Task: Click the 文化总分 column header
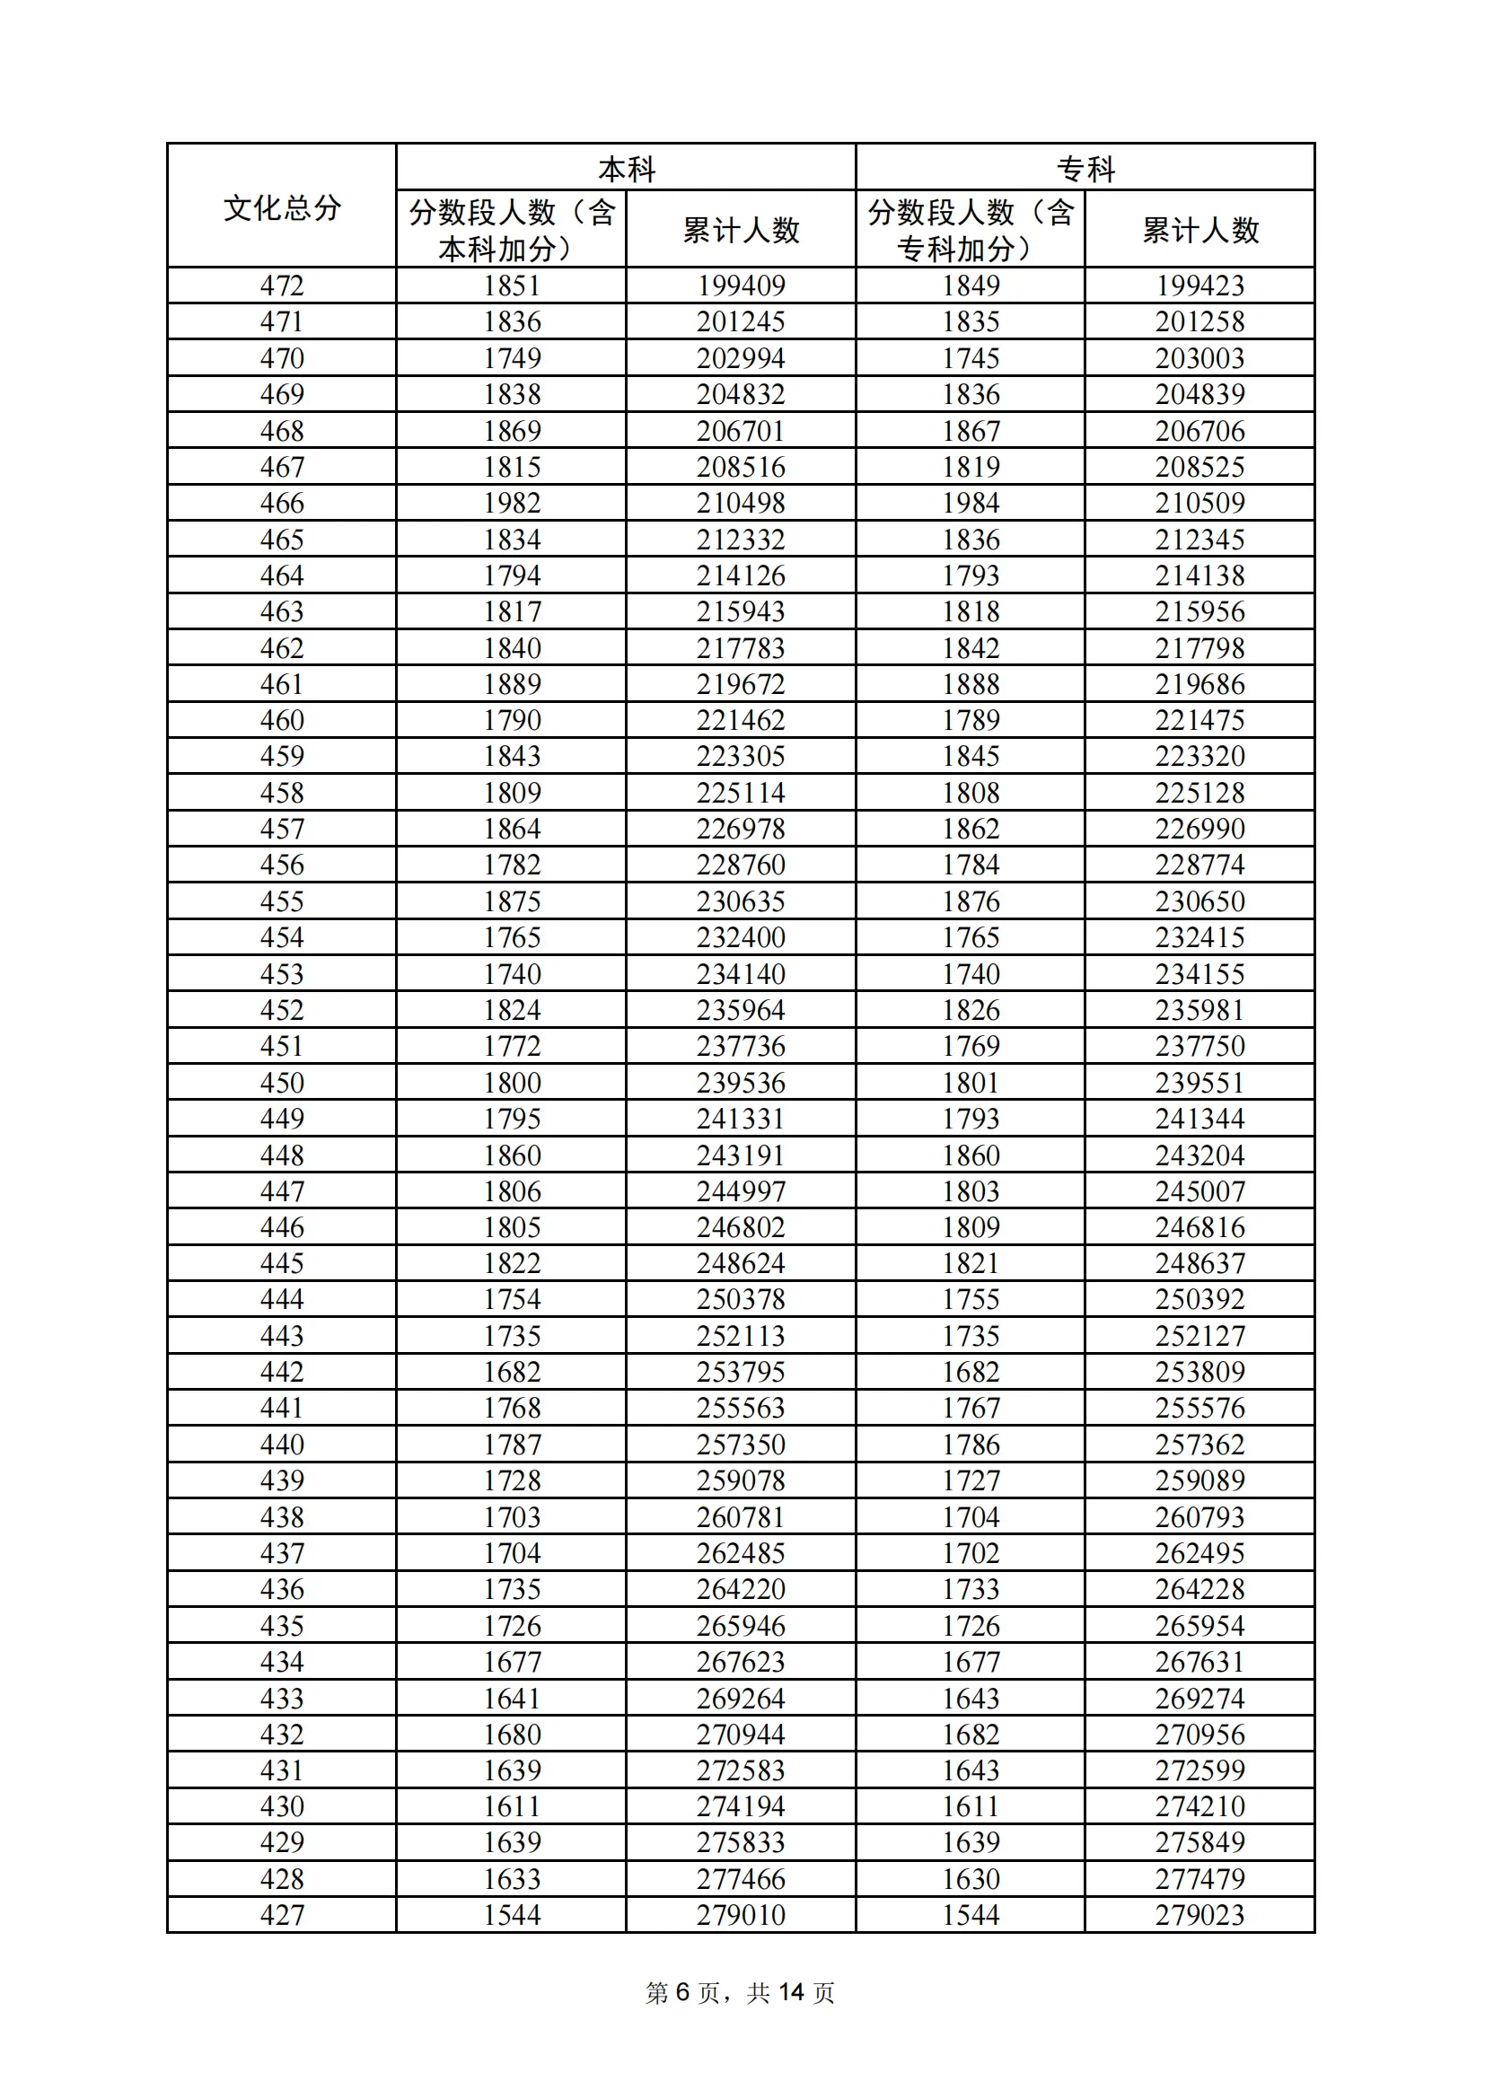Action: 282,207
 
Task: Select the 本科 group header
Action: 627,169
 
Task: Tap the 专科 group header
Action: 1085,169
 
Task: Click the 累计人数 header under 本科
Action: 741,231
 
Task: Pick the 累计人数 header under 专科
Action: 1199,231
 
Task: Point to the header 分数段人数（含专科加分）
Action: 971,231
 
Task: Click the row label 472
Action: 282,286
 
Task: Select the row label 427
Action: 282,1915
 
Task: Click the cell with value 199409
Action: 741,286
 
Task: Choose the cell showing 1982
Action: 512,503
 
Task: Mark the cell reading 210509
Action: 1199,503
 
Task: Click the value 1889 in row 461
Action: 512,684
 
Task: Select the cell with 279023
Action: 1199,1915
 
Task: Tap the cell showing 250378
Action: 741,1299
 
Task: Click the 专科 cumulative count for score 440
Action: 1199,1445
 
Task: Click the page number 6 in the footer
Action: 682,1992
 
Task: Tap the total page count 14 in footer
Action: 791,1992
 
